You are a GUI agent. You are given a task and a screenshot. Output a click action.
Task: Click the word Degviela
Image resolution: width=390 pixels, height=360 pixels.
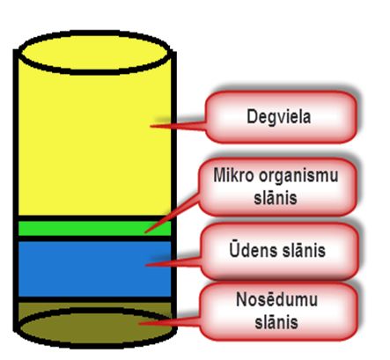[278, 117]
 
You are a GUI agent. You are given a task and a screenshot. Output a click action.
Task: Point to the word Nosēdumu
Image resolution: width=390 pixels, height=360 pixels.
[276, 299]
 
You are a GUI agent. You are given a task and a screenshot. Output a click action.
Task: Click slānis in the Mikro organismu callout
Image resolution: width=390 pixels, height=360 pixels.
[276, 198]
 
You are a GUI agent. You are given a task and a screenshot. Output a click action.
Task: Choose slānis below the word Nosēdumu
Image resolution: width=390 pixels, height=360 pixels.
[276, 322]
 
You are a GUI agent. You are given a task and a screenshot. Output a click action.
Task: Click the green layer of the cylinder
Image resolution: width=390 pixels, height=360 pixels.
[94, 228]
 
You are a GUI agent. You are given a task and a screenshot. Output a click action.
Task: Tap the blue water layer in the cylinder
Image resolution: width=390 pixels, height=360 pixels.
[94, 268]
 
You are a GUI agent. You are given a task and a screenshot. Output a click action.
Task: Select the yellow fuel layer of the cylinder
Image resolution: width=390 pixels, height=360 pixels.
[94, 141]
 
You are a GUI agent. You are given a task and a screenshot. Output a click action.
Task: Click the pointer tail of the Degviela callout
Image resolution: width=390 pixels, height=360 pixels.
[178, 126]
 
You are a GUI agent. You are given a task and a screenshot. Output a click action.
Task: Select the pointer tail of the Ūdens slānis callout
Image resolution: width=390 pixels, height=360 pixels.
[173, 263]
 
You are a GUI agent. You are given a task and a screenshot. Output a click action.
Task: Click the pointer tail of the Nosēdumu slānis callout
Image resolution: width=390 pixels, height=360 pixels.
[170, 322]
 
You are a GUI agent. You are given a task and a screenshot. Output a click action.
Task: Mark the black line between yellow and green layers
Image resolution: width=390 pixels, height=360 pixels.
[94, 218]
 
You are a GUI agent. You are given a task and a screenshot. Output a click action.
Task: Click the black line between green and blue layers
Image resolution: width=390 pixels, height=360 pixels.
[94, 239]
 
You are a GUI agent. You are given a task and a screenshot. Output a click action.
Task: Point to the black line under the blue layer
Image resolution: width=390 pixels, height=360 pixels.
[94, 299]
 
